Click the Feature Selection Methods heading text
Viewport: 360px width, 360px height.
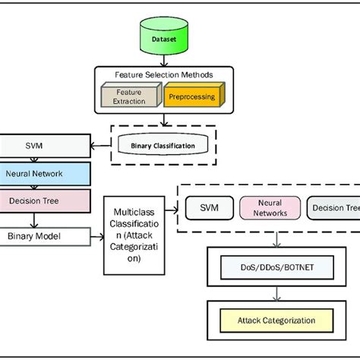(x=165, y=75)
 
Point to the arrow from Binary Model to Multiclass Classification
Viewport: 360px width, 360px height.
(x=97, y=237)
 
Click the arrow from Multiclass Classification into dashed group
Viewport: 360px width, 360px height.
(x=172, y=205)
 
